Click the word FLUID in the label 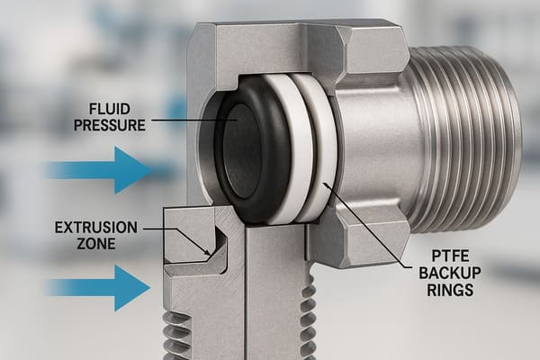point(110,109)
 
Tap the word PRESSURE point(110,125)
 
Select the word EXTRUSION point(96,228)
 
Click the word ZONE point(96,244)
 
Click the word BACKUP point(450,273)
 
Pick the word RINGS point(450,290)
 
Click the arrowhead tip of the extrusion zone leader point(210,256)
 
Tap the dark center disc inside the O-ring point(241,151)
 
